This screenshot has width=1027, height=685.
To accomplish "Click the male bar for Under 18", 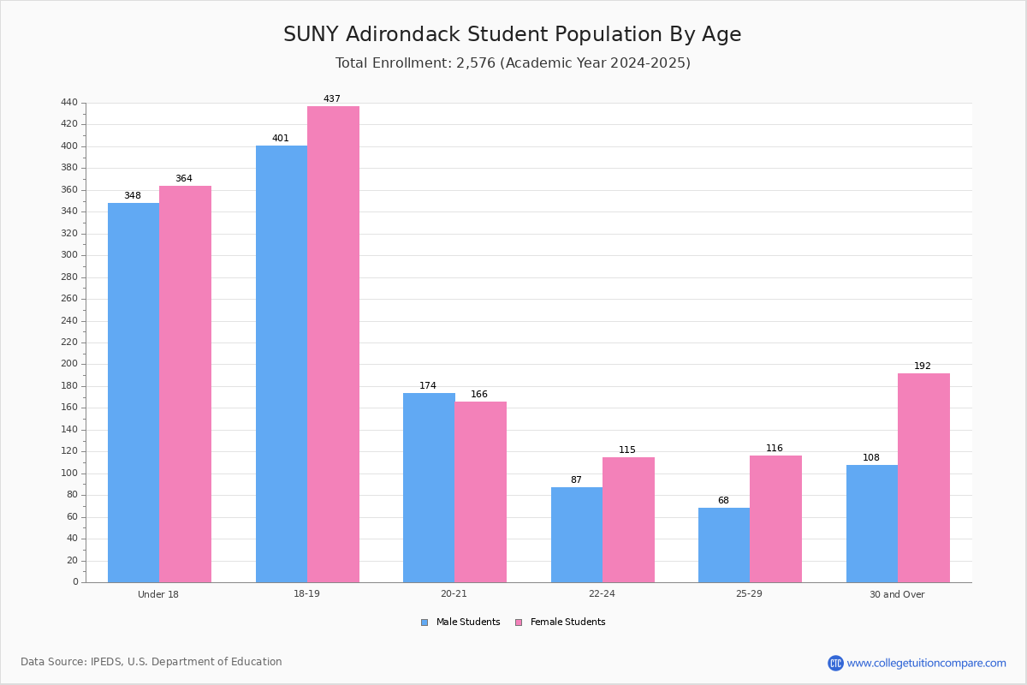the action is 134,393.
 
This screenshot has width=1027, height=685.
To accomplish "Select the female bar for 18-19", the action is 333,344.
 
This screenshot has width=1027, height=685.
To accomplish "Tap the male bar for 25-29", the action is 724,545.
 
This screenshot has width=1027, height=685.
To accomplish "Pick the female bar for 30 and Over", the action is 923,478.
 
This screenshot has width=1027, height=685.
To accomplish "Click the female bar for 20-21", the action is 480,492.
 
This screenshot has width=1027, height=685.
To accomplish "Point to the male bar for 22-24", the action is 577,535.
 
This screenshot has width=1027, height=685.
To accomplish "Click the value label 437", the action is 332,98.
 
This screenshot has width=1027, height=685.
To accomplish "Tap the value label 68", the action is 723,500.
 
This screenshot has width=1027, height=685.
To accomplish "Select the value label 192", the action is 923,366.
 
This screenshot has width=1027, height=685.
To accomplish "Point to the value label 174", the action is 428,385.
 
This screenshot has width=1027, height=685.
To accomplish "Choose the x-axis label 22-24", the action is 602,593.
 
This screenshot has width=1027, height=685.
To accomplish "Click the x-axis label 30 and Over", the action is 897,594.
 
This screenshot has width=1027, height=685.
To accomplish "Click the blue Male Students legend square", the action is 424,622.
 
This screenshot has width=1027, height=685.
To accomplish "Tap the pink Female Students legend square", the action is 519,622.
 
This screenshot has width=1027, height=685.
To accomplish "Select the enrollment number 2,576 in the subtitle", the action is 476,63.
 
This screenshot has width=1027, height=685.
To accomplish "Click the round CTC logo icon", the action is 835,663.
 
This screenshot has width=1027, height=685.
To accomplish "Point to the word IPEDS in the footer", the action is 106,662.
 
